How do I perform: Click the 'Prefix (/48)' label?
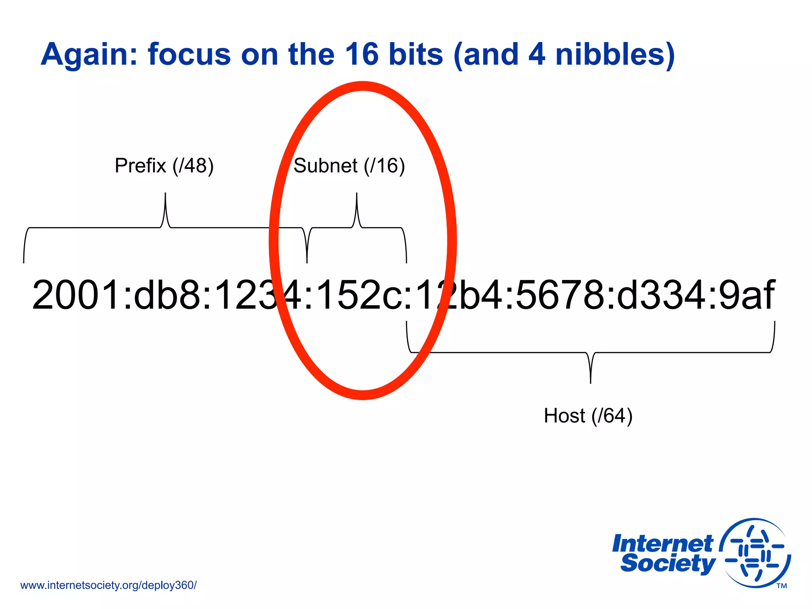pyautogui.click(x=164, y=166)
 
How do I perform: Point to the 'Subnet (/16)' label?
pyautogui.click(x=349, y=166)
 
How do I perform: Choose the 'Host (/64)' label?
pyautogui.click(x=588, y=416)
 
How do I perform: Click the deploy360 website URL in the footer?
pyautogui.click(x=108, y=585)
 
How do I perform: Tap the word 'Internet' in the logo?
pyautogui.click(x=662, y=544)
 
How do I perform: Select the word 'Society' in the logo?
pyautogui.click(x=668, y=563)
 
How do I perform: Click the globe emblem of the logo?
pyautogui.click(x=755, y=553)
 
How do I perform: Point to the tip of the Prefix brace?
pyautogui.click(x=165, y=194)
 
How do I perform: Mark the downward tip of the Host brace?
pyautogui.click(x=590, y=382)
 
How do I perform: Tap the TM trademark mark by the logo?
pyautogui.click(x=781, y=586)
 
